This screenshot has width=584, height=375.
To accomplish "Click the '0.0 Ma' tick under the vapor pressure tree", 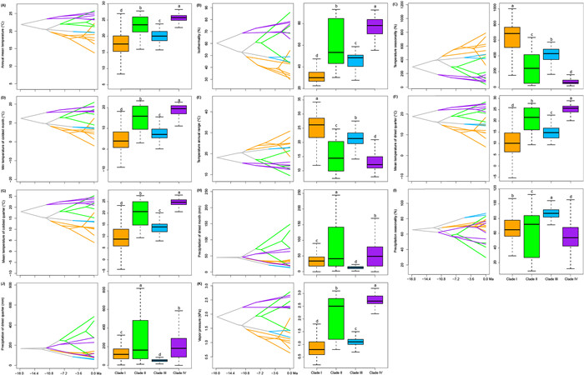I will point(288,371).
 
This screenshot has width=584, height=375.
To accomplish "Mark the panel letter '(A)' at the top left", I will point(6,3).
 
